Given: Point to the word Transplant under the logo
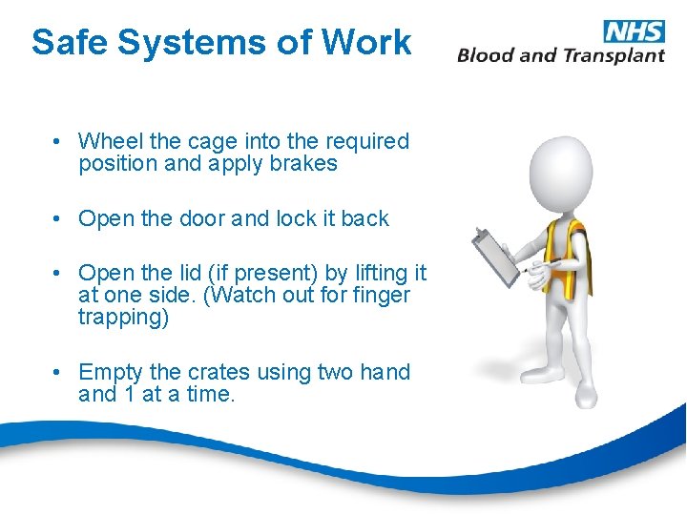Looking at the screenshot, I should coord(613,55).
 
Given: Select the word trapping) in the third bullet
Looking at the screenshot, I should coord(124,318).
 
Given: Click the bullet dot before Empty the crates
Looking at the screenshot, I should coord(59,373).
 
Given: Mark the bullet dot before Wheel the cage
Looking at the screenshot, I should coord(59,142).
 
